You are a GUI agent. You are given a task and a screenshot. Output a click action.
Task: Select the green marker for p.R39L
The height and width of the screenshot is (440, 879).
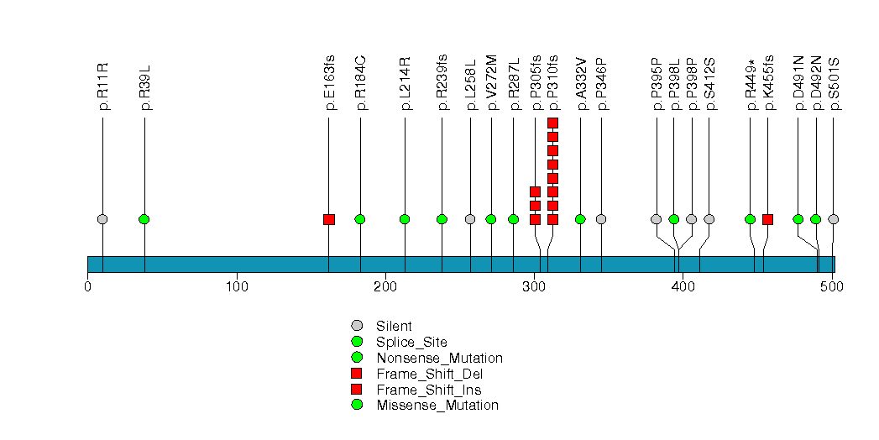coord(144,219)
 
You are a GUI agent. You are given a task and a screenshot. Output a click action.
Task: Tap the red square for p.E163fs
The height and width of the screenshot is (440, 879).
coord(328,219)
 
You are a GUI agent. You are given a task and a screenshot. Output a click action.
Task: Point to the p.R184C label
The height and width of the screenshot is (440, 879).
coord(360,84)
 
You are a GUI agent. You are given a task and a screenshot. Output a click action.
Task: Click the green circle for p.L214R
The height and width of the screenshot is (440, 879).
coord(405,219)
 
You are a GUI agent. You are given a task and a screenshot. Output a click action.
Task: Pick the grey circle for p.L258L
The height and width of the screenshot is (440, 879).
coord(470,219)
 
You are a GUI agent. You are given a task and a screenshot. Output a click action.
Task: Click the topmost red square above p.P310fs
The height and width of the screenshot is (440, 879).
coord(552,123)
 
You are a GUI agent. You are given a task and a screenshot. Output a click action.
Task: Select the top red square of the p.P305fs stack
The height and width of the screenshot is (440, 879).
coord(535,192)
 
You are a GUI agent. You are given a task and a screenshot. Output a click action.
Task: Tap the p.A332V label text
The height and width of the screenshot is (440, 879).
coord(581,84)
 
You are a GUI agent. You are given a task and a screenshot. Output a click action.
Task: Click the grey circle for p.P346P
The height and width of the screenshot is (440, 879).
coord(601,219)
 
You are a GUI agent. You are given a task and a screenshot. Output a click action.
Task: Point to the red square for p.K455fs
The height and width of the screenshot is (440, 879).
coord(767,219)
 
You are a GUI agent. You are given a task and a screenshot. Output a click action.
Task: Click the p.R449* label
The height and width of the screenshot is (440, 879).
coord(751,84)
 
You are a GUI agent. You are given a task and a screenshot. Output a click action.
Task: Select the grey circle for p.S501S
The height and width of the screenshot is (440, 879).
coord(833,219)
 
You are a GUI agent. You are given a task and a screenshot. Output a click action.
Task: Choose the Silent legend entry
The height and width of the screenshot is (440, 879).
coord(394,325)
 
